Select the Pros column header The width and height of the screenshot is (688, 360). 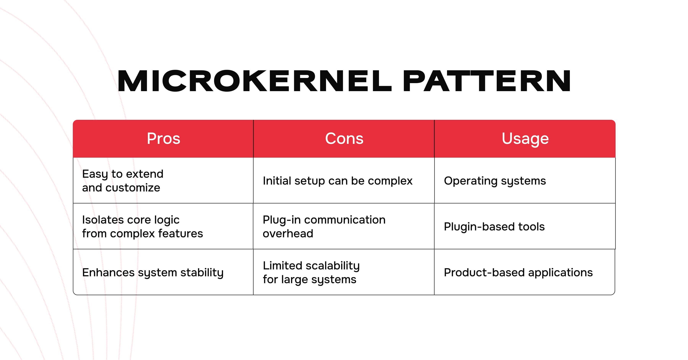163,139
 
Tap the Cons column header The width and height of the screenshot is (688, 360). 344,139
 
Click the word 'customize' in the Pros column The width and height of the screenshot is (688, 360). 133,188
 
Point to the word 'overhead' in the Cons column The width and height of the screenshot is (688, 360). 288,234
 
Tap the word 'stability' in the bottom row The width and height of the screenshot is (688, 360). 202,273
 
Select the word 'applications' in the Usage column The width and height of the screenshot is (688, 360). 560,273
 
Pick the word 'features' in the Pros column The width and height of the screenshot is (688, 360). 181,234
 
